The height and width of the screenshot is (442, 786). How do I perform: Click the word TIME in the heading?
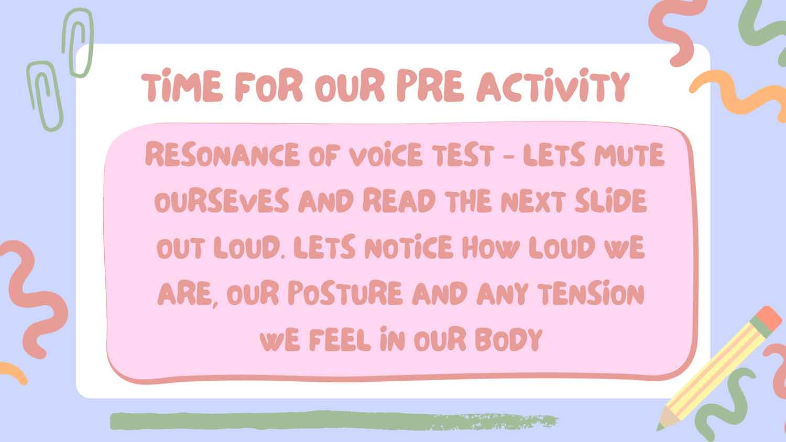[182, 85]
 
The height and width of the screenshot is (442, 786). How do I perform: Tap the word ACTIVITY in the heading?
[553, 85]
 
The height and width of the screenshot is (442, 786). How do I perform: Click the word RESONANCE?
[222, 154]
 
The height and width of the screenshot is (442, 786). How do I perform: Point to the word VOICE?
[386, 154]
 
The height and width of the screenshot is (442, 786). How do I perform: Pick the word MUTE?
[629, 154]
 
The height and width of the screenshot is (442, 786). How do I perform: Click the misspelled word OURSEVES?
[222, 200]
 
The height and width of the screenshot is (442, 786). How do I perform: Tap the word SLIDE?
[611, 200]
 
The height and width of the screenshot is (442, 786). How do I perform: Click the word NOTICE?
[408, 247]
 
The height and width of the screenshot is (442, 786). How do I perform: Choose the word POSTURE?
[345, 293]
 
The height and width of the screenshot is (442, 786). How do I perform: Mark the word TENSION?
[592, 293]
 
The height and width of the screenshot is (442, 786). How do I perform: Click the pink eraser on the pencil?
[769, 318]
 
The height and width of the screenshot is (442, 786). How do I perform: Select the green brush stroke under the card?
[334, 421]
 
